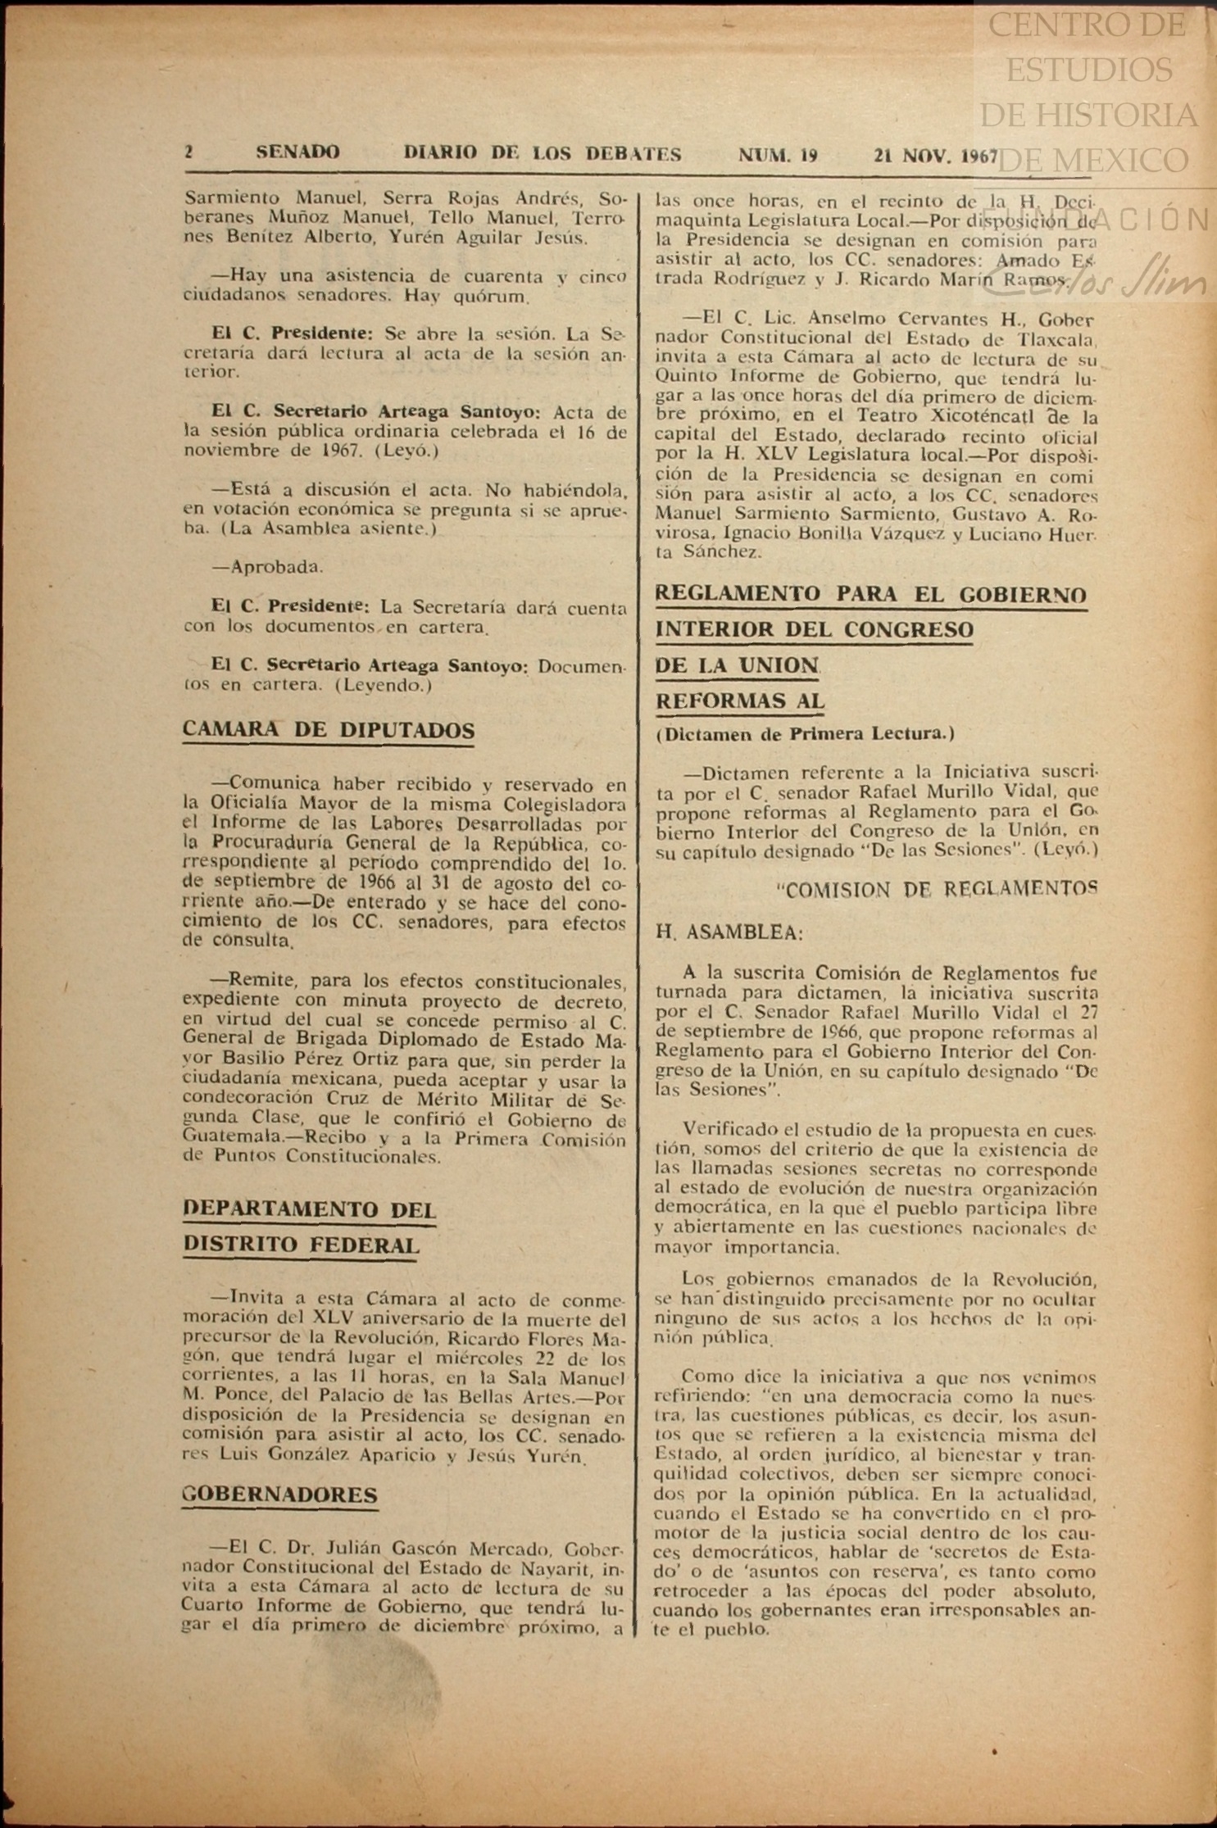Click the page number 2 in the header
(188, 152)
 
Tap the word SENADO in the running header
(297, 152)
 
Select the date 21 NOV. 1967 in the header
(935, 156)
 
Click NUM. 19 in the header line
(778, 155)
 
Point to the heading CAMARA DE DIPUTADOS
(328, 730)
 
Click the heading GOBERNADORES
(279, 1495)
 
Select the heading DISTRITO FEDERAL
(301, 1245)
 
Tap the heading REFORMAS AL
(739, 701)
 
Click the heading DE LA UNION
(737, 665)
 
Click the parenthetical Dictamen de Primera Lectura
(805, 734)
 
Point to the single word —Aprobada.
(267, 566)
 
